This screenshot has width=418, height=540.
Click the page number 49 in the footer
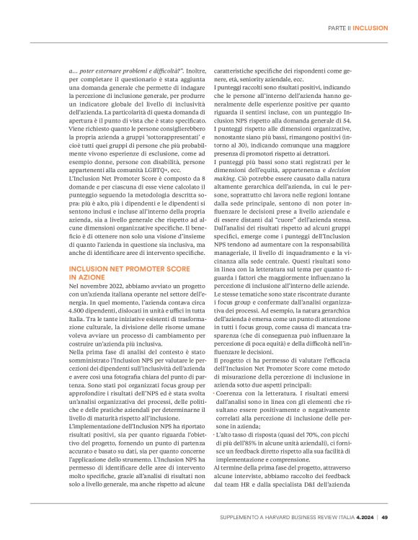(x=385, y=515)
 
